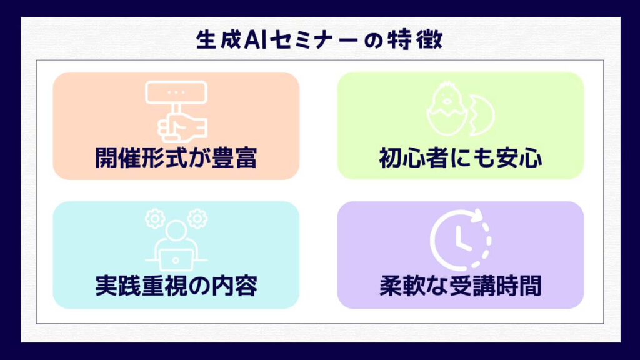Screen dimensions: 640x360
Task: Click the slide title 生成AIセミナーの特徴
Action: [319, 40]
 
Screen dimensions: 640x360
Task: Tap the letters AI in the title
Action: [255, 40]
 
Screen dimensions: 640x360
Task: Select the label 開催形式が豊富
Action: [176, 157]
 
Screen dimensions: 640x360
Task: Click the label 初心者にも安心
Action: [461, 157]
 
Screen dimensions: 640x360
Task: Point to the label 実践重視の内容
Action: [176, 286]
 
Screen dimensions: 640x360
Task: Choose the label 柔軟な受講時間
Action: [461, 286]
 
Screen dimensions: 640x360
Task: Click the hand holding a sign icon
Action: [176, 112]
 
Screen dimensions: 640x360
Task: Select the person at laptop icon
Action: [176, 240]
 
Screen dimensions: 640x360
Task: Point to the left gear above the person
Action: [155, 219]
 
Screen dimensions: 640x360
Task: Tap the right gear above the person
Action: [197, 219]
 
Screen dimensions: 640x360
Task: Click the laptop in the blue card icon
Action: [176, 260]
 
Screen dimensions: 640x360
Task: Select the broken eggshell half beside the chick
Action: [482, 116]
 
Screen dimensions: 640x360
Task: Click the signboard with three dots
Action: [176, 92]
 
